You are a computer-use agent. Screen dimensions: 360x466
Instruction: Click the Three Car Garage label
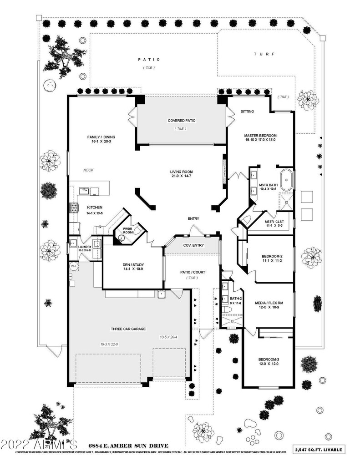click(x=128, y=329)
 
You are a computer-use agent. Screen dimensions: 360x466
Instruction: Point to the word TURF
click(x=264, y=54)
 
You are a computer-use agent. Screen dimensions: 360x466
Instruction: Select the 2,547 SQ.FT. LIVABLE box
click(x=319, y=450)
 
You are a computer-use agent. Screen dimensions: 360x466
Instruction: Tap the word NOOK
click(x=88, y=170)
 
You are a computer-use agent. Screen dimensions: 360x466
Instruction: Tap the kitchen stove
click(x=73, y=208)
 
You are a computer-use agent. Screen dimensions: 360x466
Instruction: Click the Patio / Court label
click(x=193, y=273)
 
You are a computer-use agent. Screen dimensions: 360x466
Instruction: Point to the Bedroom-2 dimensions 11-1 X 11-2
click(x=272, y=261)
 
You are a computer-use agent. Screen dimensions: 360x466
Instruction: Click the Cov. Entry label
click(x=193, y=245)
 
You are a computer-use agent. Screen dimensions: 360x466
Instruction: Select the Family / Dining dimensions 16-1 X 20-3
click(x=101, y=142)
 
